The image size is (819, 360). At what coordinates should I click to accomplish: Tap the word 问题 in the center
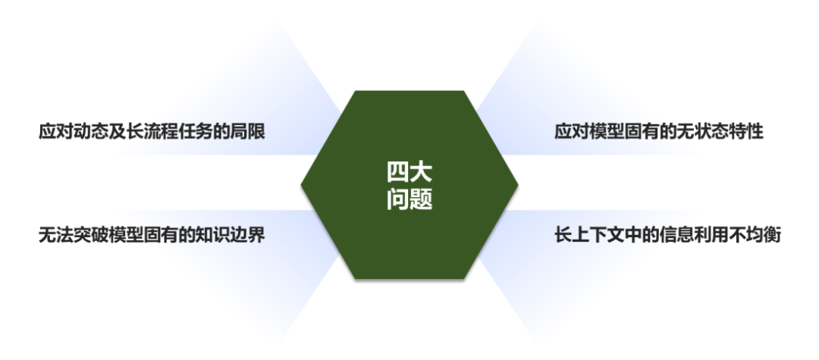point(409,200)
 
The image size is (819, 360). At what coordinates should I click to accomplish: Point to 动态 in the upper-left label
point(84,132)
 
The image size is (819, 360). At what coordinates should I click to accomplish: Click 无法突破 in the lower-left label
point(73,235)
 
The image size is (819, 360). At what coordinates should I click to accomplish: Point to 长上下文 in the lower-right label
point(588,235)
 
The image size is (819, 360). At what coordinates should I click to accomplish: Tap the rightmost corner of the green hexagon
point(518,184)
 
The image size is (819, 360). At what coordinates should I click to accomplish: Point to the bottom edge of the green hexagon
point(409,277)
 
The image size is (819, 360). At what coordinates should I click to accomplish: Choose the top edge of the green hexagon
point(409,91)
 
